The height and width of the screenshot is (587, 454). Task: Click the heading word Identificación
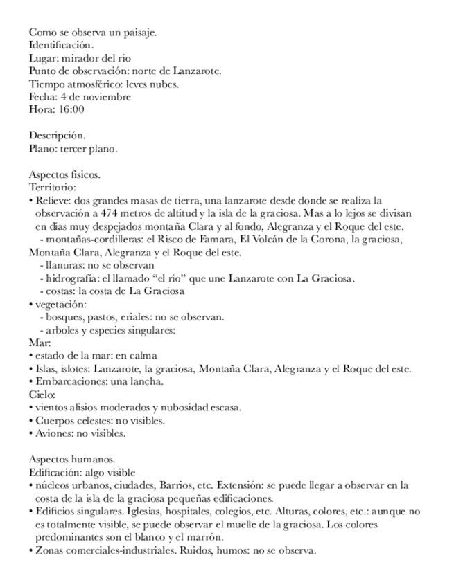(x=60, y=45)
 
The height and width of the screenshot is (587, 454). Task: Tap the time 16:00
(x=71, y=109)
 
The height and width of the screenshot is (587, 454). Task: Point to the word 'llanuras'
(x=62, y=265)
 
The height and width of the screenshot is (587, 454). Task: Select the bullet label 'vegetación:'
(x=60, y=304)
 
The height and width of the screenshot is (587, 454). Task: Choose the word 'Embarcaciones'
(x=68, y=381)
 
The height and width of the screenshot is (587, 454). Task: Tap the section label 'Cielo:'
(x=42, y=394)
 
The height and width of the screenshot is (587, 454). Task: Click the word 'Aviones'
(x=53, y=433)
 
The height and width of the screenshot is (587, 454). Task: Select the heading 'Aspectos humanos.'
(x=71, y=459)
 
